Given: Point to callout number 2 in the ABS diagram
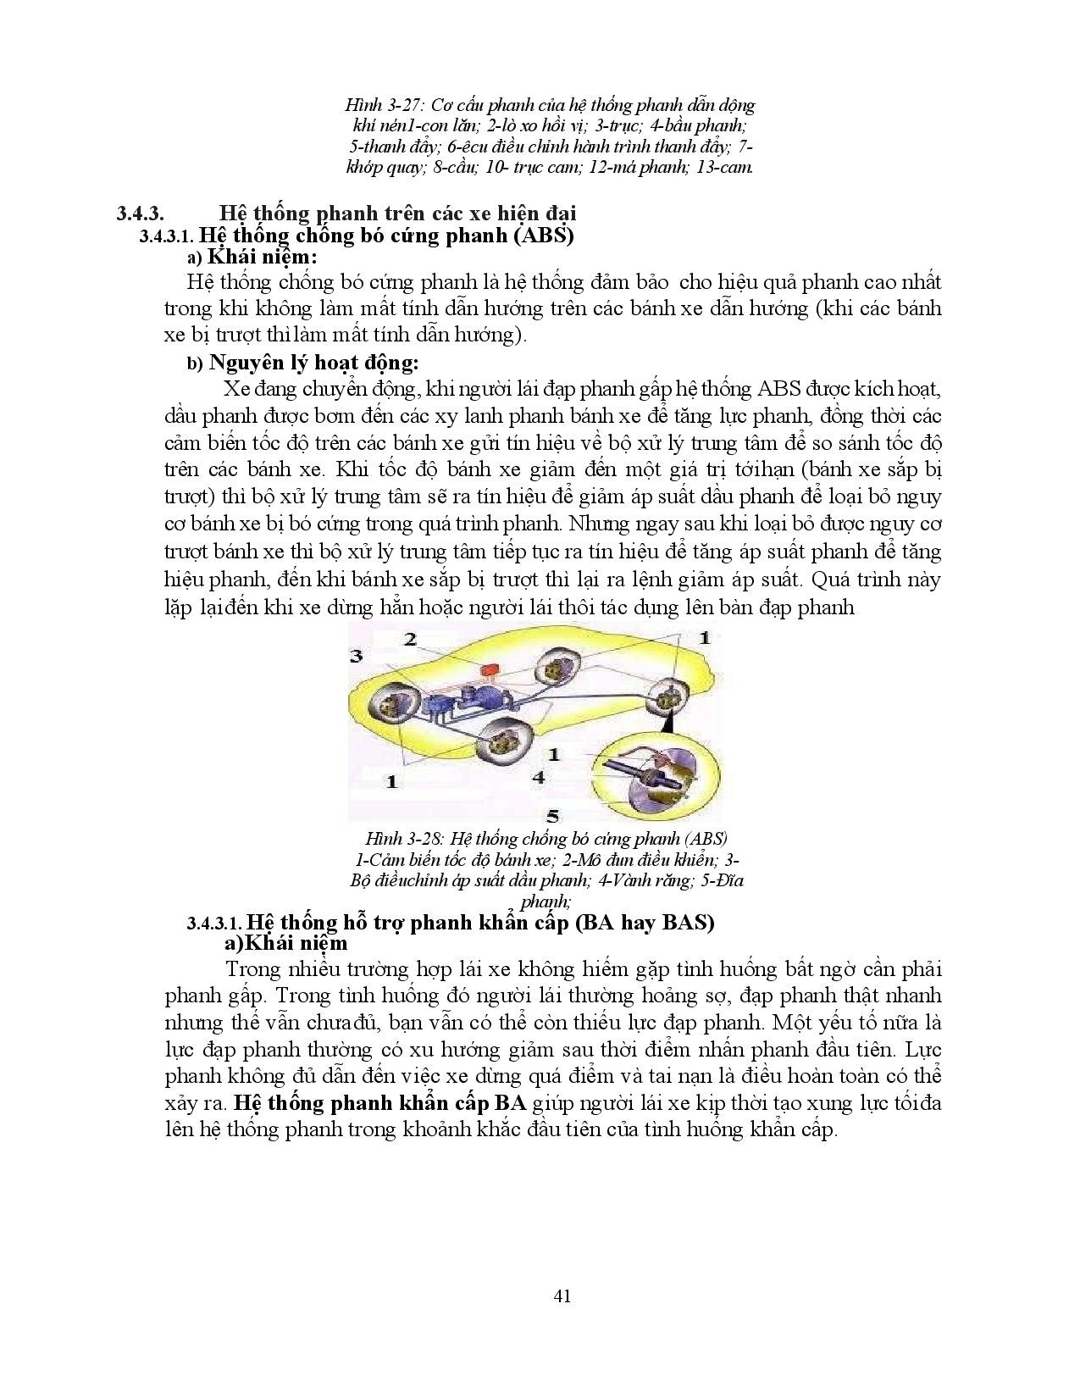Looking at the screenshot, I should coord(410,639).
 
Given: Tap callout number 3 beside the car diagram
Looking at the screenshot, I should coord(357,656).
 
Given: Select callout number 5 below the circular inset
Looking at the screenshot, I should coord(552,816).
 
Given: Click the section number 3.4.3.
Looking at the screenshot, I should coord(144,213).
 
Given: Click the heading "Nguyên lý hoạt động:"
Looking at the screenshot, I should coord(313,363).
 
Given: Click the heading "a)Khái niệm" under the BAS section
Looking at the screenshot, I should coord(284,943).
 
